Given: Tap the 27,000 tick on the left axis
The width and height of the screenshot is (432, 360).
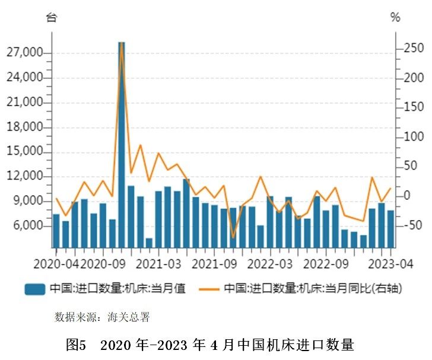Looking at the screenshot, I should coord(26,53).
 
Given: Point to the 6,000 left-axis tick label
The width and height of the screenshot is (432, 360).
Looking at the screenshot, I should coord(28,226).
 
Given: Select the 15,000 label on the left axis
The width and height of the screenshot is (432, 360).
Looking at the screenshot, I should coord(26,152).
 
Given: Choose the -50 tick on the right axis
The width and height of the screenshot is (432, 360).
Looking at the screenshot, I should coord(411,225).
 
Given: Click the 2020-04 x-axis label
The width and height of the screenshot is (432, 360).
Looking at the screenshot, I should coord(56,263).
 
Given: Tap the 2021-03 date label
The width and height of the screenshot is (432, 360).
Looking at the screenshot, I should coord(159,263).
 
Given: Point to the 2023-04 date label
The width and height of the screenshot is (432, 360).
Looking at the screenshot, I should coord(390,263).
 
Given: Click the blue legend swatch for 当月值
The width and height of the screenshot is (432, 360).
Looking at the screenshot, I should coord(35,289).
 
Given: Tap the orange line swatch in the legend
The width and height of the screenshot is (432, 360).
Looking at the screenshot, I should coord(209,289).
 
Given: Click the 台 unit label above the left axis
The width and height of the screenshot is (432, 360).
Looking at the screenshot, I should coord(52,17).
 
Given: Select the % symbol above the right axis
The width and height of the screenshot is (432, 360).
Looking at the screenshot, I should coord(395,17).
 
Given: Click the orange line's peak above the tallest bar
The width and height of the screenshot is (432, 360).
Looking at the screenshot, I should coord(122,44).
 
